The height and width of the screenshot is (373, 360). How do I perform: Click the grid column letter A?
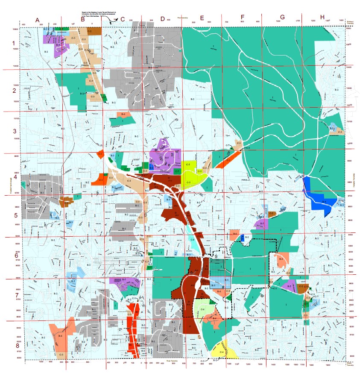[x=38, y=20]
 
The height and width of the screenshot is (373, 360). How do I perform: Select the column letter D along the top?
[x=162, y=19]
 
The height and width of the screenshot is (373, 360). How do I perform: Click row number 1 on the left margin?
[x=13, y=43]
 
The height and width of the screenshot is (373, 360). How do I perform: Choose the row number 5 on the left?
[x=13, y=216]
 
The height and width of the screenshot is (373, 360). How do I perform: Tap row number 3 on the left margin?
[x=13, y=131]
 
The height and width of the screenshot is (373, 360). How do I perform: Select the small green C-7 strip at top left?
[x=62, y=29]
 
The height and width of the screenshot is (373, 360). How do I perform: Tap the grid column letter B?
[x=83, y=19]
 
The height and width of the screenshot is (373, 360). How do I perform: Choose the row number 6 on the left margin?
[x=13, y=256]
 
